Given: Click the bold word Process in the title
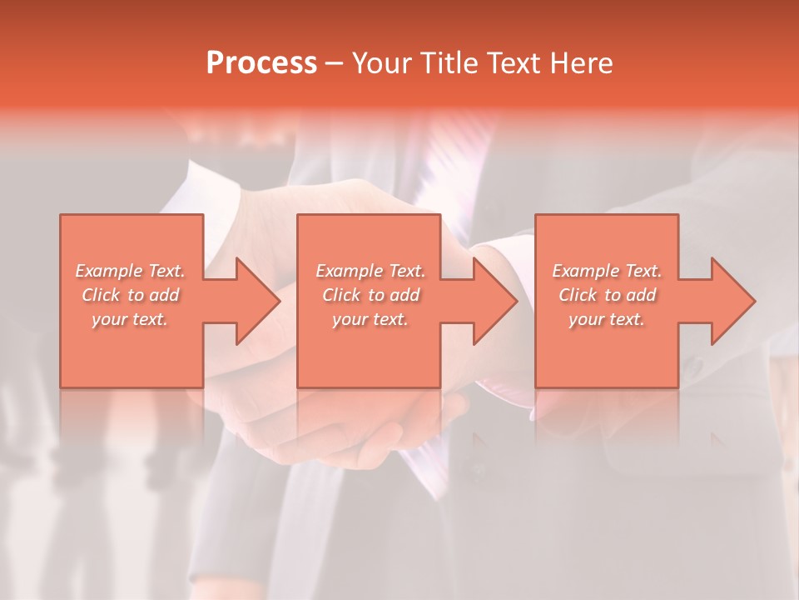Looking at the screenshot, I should (261, 62).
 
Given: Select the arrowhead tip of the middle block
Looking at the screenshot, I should (515, 301).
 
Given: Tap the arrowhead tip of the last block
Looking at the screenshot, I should (753, 301).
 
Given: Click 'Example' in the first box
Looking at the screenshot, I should (109, 271).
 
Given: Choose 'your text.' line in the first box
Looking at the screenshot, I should (130, 319).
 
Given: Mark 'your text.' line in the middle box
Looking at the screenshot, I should (370, 319).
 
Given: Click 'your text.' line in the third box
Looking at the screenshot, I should (606, 319).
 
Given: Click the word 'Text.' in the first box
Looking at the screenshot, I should (166, 271).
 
